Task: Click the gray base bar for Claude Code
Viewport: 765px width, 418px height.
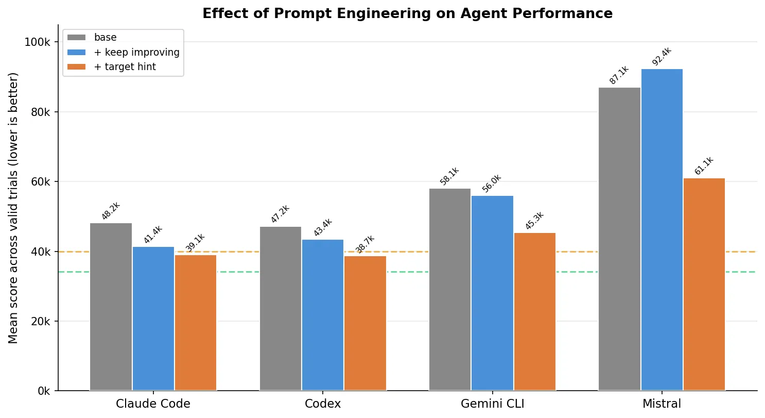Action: [x=111, y=307]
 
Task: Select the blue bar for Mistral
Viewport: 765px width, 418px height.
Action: [x=662, y=230]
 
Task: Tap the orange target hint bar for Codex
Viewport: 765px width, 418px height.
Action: [x=365, y=323]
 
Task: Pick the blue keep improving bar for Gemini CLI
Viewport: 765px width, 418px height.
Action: [x=492, y=293]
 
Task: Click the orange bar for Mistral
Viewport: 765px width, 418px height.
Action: [x=704, y=285]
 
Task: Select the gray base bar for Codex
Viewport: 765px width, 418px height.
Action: [x=280, y=308]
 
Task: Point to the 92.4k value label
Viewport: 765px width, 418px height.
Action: [x=662, y=57]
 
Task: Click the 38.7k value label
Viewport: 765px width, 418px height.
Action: [x=365, y=244]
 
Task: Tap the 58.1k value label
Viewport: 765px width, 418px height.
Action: [x=449, y=176]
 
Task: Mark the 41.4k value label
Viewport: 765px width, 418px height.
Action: [x=153, y=235]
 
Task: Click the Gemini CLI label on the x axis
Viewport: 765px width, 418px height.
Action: [x=492, y=404]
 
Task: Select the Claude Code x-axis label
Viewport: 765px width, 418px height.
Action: [x=153, y=404]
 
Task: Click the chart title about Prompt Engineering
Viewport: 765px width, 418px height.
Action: [x=407, y=14]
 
